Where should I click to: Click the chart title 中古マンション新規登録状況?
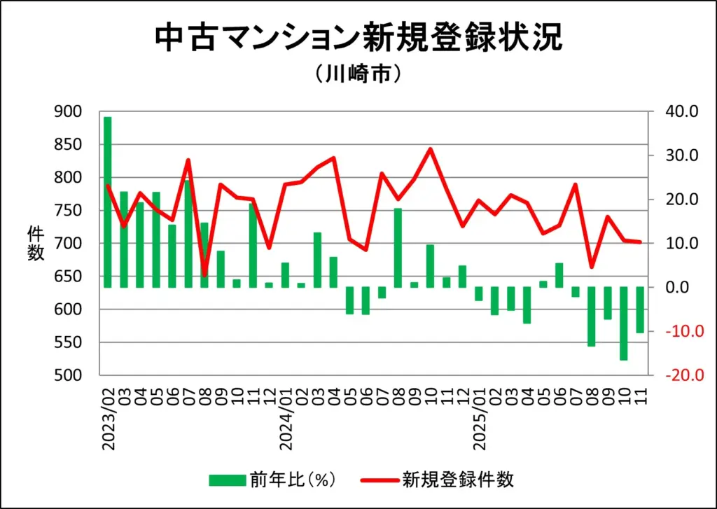358,38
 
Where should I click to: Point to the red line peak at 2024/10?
430,148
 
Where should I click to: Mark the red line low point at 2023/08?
204,274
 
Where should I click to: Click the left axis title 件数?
35,243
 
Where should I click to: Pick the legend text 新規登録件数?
458,480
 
